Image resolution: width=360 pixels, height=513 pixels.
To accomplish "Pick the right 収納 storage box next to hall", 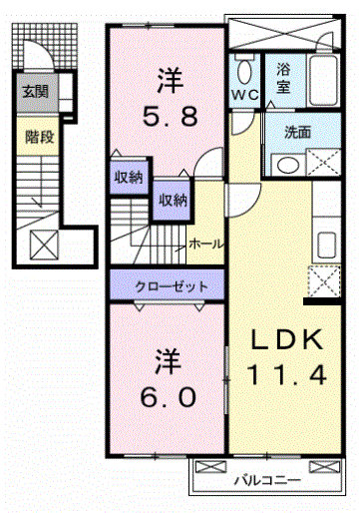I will click(x=169, y=200).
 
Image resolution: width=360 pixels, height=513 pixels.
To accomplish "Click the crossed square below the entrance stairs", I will click(x=44, y=243).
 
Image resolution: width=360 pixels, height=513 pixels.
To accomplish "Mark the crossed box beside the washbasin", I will click(x=324, y=163).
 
